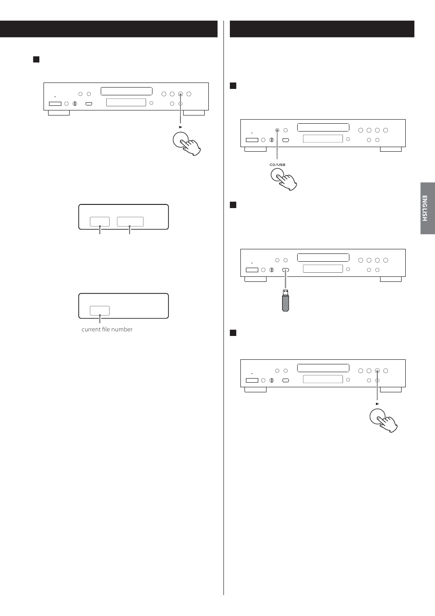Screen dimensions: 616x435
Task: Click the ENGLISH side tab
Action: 427,209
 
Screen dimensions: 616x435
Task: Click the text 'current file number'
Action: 107,330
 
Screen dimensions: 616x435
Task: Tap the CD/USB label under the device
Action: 277,165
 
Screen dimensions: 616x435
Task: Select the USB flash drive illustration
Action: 286,301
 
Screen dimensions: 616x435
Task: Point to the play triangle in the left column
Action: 181,127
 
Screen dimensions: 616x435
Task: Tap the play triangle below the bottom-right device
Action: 377,404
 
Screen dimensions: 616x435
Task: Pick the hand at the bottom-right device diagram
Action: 384,420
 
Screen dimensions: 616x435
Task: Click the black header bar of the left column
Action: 109,29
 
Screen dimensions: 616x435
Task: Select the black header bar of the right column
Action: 322,29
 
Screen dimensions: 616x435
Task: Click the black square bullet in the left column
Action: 36,60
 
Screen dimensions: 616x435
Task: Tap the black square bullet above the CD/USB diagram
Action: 233,86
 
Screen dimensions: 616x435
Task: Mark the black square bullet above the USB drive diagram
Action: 233,205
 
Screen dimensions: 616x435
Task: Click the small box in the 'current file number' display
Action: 99,310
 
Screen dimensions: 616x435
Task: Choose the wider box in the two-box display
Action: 130,221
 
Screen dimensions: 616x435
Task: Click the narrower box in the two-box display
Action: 99,221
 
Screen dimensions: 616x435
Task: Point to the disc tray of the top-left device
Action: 126,91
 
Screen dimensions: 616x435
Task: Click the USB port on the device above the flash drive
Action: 286,270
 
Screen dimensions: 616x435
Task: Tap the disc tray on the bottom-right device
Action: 323,368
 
